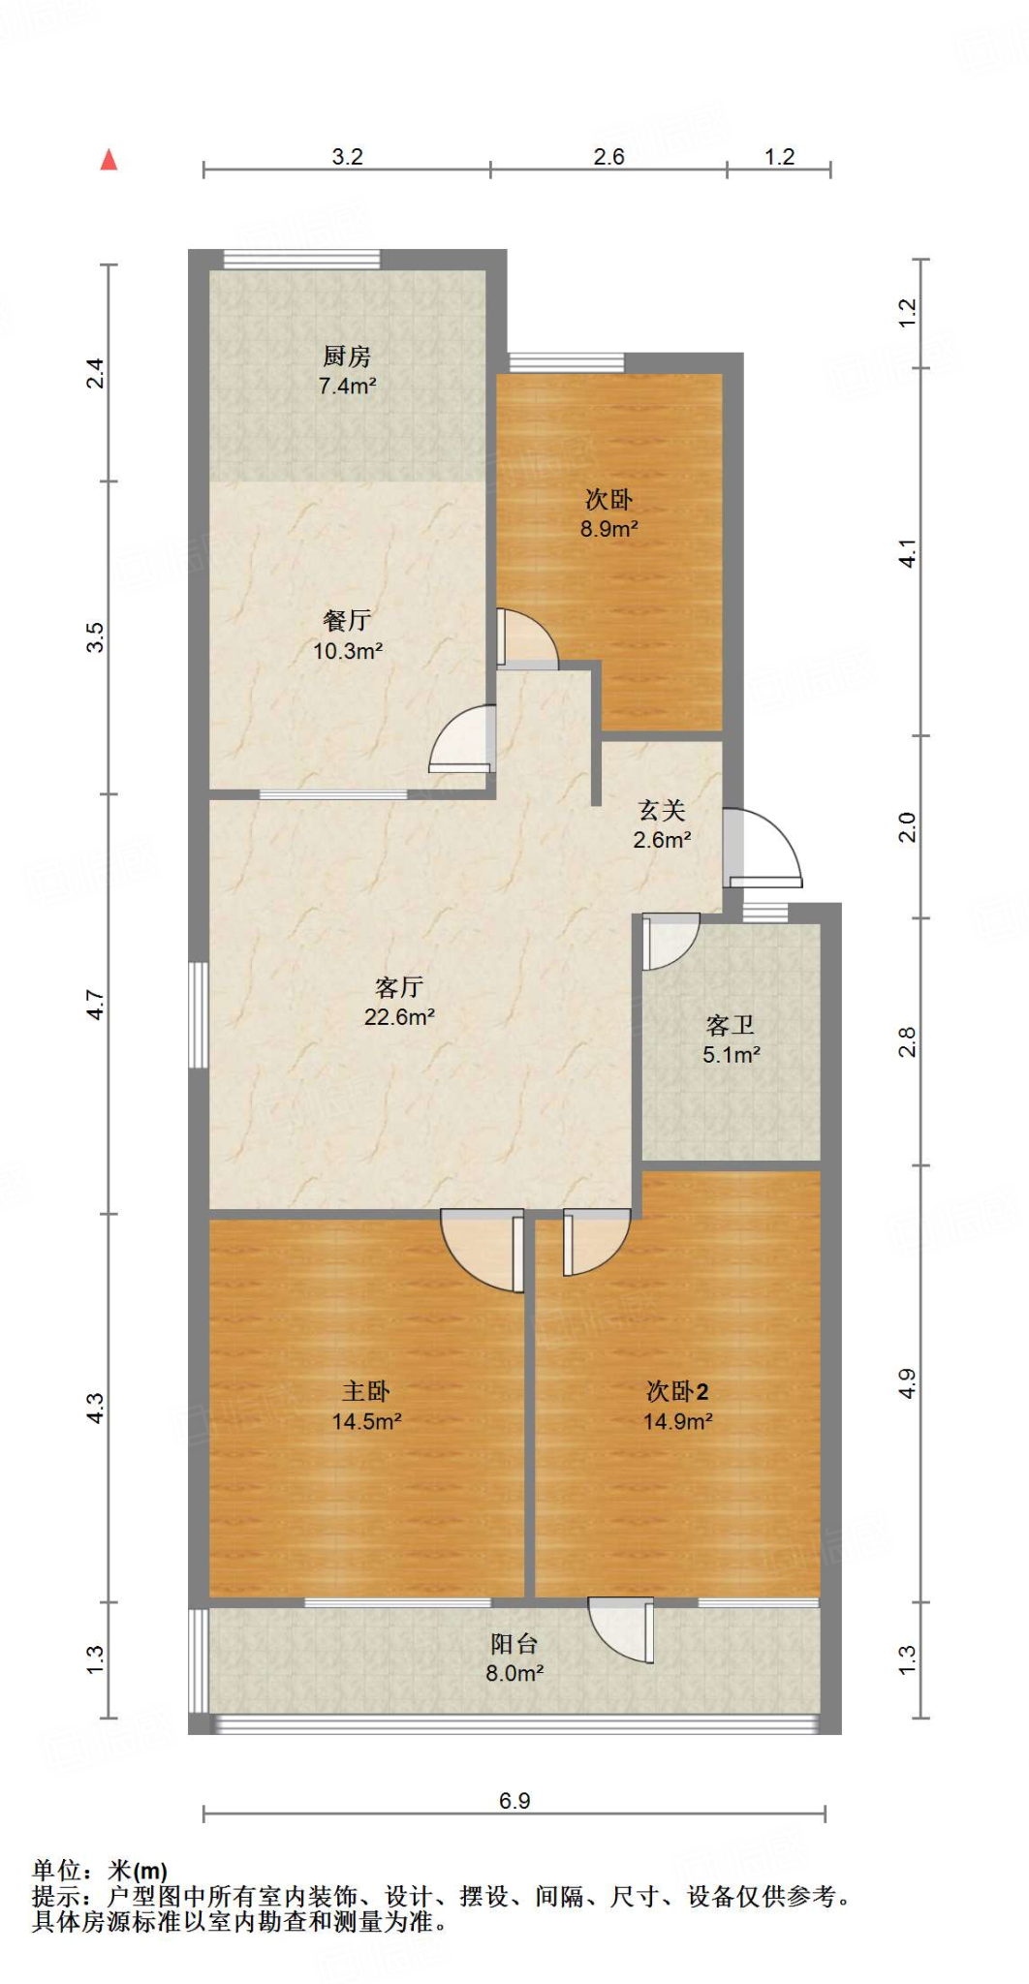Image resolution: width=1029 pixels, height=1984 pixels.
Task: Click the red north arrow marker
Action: tap(109, 160)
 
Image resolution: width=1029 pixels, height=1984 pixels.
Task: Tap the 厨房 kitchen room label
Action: tap(347, 356)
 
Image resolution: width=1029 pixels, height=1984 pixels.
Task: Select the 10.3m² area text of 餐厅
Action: tap(347, 651)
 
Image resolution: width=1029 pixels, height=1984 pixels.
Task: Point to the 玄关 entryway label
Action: tap(662, 811)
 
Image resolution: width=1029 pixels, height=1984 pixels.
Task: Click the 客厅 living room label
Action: tap(398, 987)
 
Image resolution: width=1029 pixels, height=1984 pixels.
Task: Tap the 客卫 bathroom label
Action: tap(731, 1025)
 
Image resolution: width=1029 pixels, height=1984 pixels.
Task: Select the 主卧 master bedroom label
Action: tap(366, 1392)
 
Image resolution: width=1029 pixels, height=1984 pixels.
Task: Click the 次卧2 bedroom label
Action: tap(677, 1392)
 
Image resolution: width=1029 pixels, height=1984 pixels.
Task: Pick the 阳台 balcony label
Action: tap(514, 1644)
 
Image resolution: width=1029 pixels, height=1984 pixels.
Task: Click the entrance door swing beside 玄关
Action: tap(764, 849)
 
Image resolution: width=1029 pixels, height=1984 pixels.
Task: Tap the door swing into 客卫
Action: tap(669, 940)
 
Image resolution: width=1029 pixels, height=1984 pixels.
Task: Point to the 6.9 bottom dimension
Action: tap(514, 1801)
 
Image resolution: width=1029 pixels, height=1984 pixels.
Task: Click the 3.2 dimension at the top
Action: tap(347, 157)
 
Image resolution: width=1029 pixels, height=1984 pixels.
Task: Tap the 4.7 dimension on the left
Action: tap(95, 1004)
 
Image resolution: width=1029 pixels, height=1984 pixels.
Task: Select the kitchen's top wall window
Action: tap(301, 259)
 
